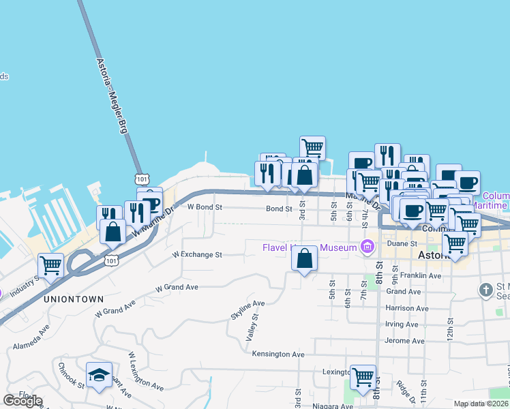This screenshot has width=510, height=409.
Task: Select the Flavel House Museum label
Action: (310, 247)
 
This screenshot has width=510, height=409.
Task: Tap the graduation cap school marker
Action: (99, 374)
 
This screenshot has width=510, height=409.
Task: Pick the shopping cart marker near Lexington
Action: (363, 376)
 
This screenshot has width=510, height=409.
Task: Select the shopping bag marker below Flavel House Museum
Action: (305, 258)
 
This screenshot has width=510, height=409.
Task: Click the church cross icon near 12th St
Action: (485, 290)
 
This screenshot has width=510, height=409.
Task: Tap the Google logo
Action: (22, 401)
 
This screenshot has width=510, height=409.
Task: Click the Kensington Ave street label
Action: (277, 354)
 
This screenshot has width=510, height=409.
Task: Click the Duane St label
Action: (402, 243)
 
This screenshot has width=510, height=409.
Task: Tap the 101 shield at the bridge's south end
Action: (141, 179)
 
